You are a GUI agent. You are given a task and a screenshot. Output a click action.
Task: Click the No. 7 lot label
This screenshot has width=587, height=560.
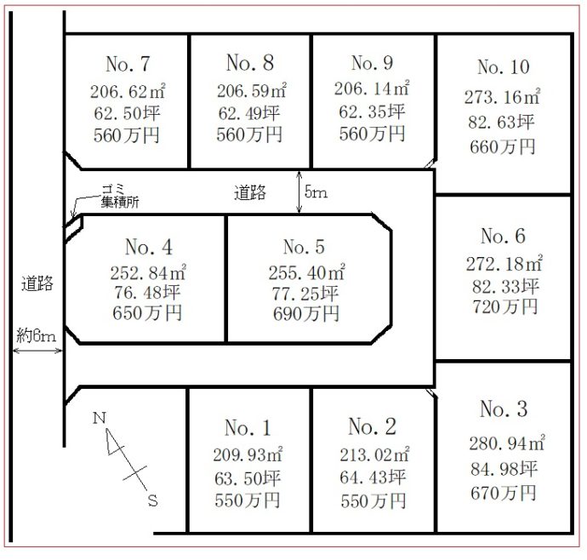click(x=128, y=64)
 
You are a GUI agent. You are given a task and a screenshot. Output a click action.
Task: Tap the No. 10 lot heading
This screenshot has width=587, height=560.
click(x=503, y=67)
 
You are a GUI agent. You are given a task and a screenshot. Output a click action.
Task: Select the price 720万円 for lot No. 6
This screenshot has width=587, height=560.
click(x=503, y=306)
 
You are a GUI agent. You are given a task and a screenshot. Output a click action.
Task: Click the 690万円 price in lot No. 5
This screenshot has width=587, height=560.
click(x=304, y=313)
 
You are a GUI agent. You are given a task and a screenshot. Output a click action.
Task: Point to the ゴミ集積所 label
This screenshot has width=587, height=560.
click(x=118, y=196)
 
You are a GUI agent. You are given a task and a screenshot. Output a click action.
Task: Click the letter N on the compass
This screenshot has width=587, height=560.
click(x=99, y=418)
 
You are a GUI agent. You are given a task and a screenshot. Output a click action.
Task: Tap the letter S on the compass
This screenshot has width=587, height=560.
click(x=152, y=502)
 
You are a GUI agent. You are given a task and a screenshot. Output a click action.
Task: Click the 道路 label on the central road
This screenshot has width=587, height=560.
click(x=249, y=193)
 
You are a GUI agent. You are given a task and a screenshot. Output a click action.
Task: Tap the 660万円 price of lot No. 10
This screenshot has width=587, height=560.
click(x=502, y=146)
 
